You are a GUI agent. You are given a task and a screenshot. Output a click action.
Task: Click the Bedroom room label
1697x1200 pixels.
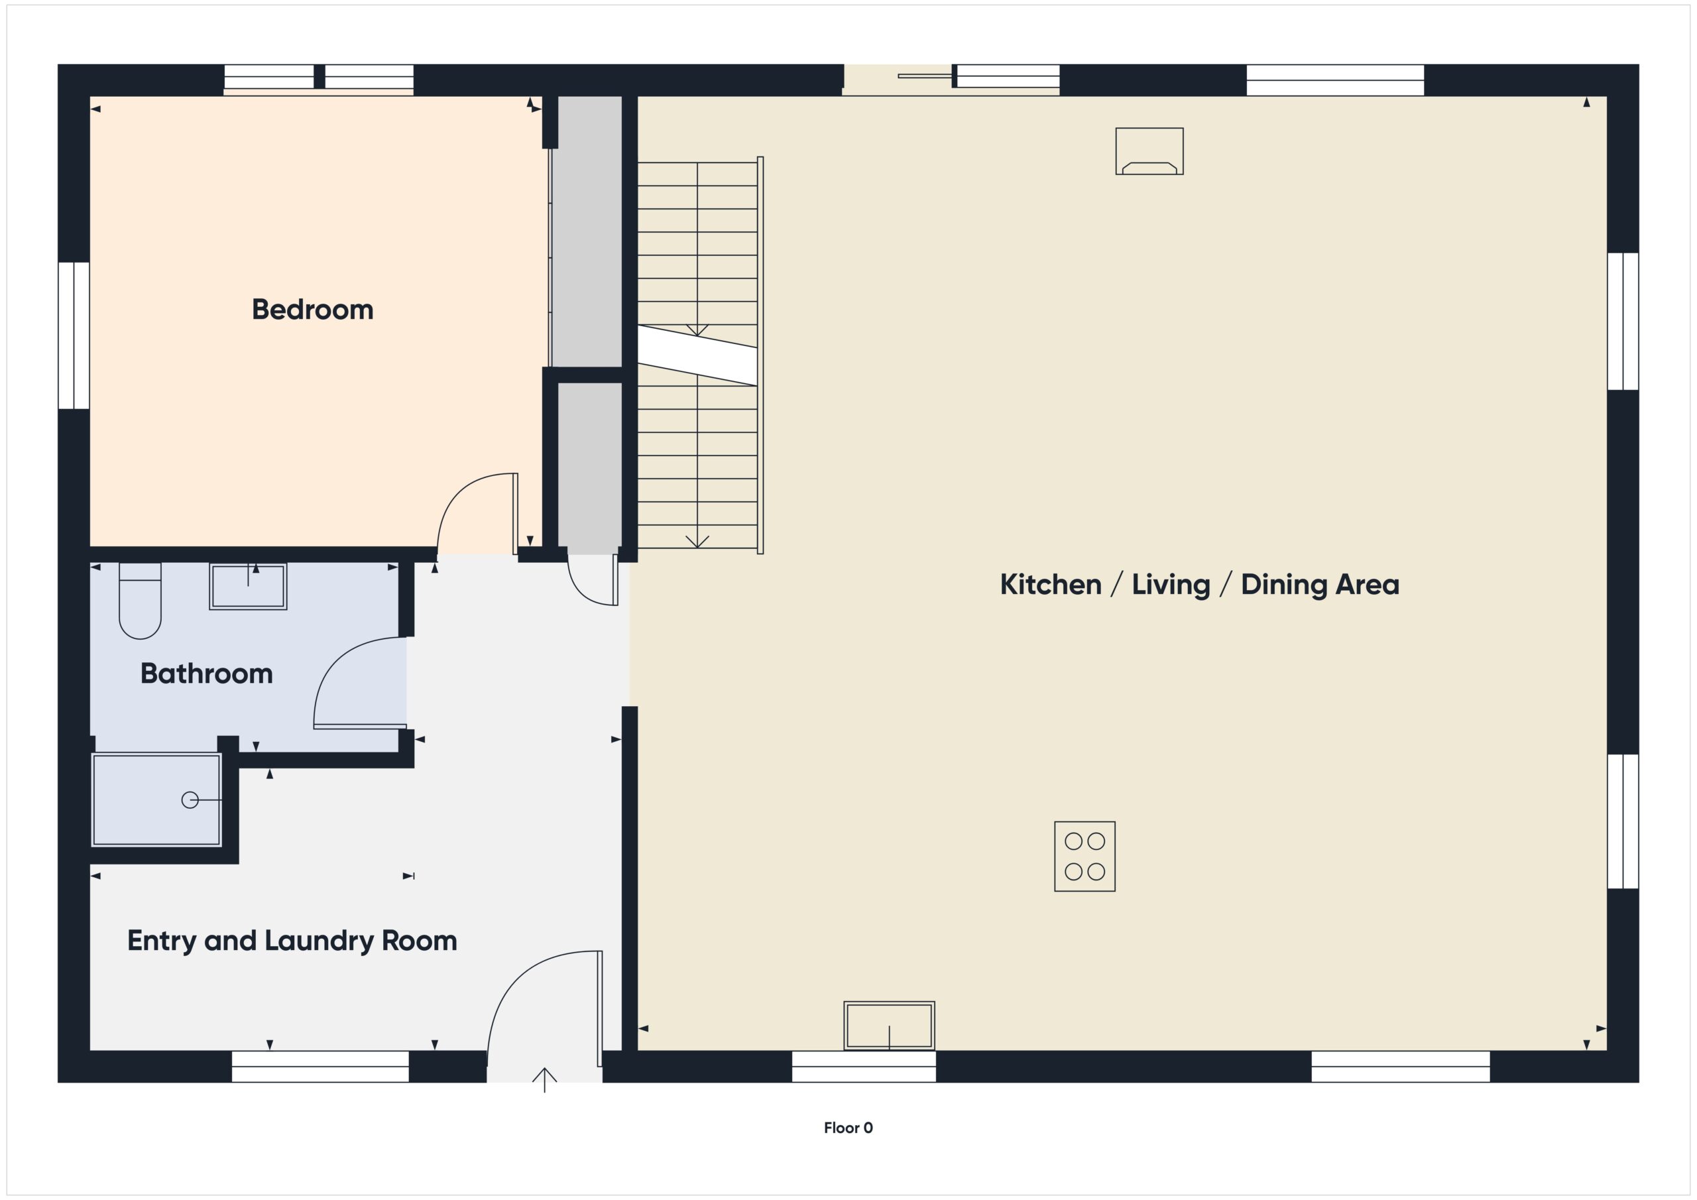pos(312,310)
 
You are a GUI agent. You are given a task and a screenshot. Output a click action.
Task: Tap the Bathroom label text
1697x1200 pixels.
pos(206,674)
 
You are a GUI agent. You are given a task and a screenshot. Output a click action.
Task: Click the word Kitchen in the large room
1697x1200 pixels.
pos(1050,585)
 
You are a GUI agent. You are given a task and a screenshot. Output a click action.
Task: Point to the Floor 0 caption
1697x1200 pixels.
pos(848,1128)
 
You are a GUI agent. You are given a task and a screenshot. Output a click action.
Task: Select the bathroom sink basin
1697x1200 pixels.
pos(248,586)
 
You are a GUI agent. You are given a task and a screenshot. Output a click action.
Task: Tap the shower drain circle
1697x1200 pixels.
pos(190,800)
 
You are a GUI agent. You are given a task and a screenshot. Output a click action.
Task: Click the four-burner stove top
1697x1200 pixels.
pos(1084,856)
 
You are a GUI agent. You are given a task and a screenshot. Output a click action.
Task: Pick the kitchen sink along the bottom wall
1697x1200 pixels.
pos(888,1026)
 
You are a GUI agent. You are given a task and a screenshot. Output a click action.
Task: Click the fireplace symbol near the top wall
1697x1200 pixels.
pos(1149,152)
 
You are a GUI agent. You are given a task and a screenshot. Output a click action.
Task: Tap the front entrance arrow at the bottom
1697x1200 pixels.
pos(545,1079)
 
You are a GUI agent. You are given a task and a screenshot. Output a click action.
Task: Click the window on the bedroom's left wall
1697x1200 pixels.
pos(74,335)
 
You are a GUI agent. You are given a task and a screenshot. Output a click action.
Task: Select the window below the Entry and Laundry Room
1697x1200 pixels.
pos(320,1066)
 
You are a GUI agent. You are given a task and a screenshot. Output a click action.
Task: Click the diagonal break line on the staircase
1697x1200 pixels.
pos(697,355)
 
